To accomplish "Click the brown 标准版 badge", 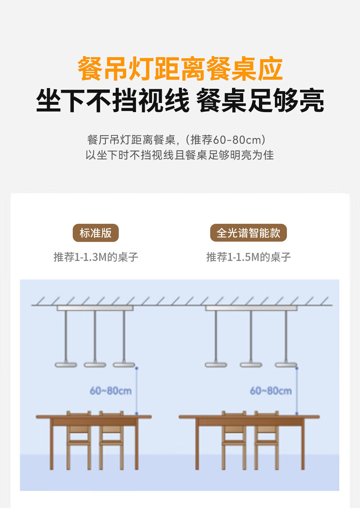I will click(x=96, y=233).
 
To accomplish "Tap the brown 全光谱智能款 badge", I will click(x=248, y=233).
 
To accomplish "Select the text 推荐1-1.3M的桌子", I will click(x=96, y=257).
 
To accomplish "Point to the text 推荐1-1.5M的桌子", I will click(x=248, y=257).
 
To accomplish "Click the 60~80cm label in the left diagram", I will click(x=111, y=391).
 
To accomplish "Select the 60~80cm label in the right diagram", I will click(x=271, y=391).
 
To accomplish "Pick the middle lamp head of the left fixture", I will click(x=95, y=365).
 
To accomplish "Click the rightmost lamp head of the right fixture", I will click(x=286, y=365).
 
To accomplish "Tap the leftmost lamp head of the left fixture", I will click(x=66, y=365).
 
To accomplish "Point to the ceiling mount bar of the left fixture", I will click(x=95, y=308).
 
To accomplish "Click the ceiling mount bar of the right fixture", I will click(x=251, y=308).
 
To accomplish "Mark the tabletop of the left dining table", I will click(x=94, y=417).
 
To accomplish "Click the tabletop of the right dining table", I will click(x=249, y=417).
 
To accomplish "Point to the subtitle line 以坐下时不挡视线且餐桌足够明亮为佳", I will click(x=180, y=155).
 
